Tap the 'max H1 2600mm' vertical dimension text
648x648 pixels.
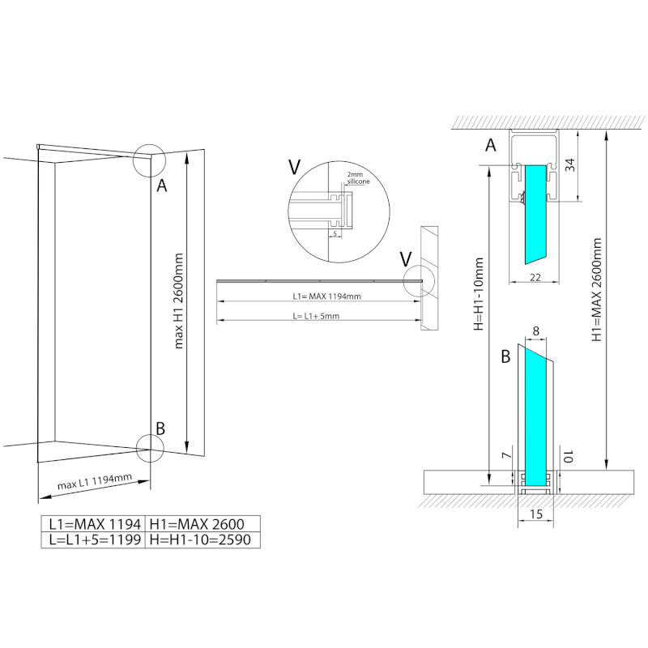[180, 300]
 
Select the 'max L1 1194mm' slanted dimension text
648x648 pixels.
[95, 484]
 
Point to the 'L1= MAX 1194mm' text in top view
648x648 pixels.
[327, 296]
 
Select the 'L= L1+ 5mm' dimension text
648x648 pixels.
[317, 316]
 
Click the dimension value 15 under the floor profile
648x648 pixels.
[535, 514]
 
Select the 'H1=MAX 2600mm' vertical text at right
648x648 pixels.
[597, 292]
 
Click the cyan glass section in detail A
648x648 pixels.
[535, 211]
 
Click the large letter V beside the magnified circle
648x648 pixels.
[295, 168]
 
